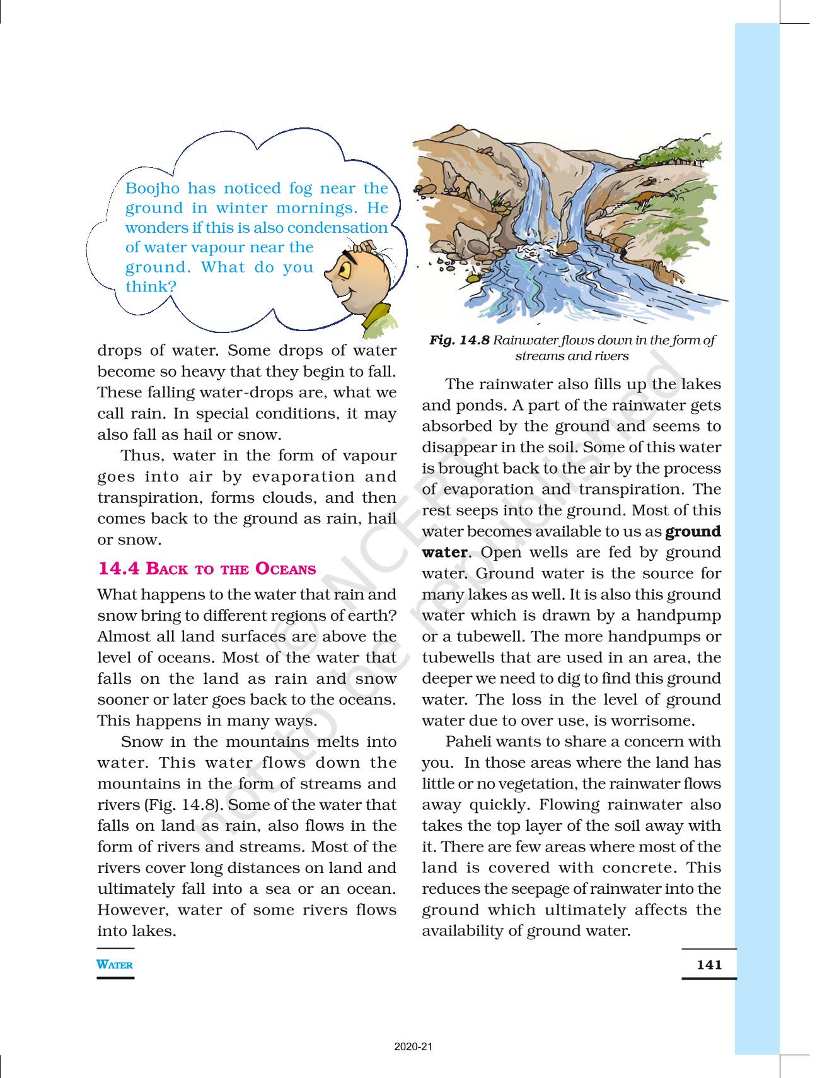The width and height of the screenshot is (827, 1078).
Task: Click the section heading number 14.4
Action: point(119,568)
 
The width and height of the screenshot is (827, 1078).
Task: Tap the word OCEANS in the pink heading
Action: point(286,569)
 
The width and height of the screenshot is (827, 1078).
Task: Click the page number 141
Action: point(709,964)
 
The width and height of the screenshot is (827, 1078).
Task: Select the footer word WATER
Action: point(115,964)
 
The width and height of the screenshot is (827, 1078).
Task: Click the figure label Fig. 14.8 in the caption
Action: point(459,340)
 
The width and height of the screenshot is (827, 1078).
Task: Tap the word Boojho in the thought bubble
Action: point(153,188)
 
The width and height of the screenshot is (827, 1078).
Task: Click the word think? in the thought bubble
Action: point(151,286)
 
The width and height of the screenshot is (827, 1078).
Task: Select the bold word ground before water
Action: point(693,531)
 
